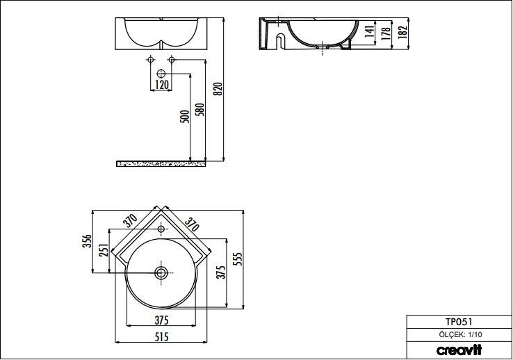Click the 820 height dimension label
click(x=219, y=89)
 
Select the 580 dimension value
click(x=200, y=110)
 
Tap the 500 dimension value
click(x=185, y=116)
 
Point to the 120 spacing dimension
click(x=162, y=84)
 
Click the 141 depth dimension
click(x=369, y=31)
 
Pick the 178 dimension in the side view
click(x=386, y=33)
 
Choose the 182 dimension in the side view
click(x=402, y=33)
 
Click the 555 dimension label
click(x=239, y=259)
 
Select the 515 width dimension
click(x=161, y=336)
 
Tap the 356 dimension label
click(x=88, y=241)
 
